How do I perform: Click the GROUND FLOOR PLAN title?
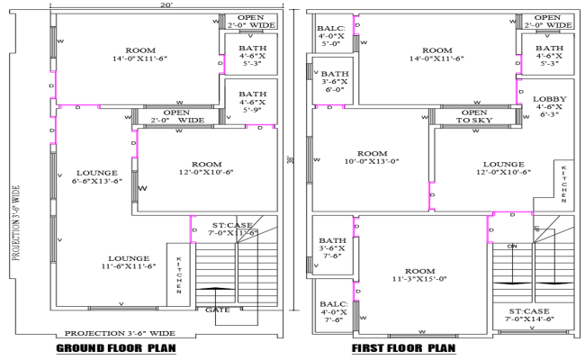pyautogui.click(x=115, y=348)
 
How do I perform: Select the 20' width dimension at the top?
pyautogui.click(x=166, y=5)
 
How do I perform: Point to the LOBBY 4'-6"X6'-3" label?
pyautogui.click(x=548, y=106)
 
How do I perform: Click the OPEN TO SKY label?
pyautogui.click(x=474, y=116)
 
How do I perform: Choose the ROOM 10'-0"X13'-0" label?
pyautogui.click(x=372, y=157)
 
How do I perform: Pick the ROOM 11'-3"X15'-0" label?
pyautogui.click(x=419, y=274)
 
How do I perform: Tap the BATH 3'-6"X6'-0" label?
pyautogui.click(x=335, y=82)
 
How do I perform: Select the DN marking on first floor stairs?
pyautogui.click(x=512, y=244)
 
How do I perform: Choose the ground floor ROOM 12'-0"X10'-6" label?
pyautogui.click(x=206, y=168)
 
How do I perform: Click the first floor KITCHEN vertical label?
pyautogui.click(x=563, y=184)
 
